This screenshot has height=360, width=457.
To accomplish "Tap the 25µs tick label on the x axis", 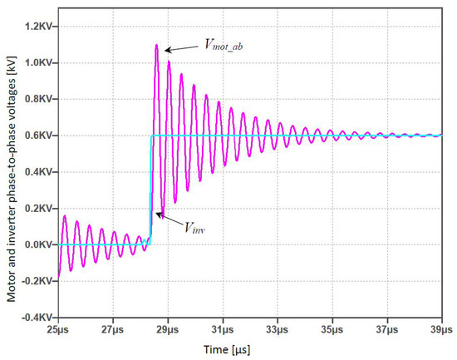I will click(58, 330).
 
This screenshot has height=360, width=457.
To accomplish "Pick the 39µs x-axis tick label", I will click(441, 330).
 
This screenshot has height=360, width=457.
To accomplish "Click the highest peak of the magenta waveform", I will click(156, 45).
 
